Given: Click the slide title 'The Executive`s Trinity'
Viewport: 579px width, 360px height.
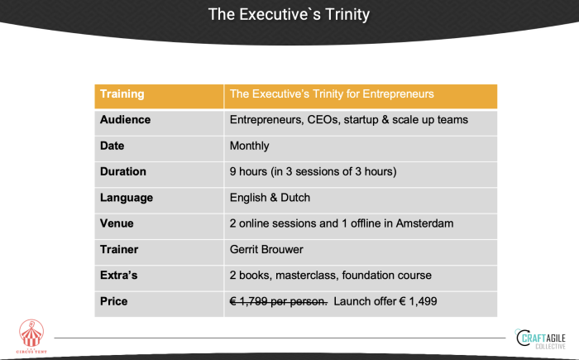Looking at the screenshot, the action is pos(289,14).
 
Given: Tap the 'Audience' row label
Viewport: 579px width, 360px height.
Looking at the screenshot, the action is pos(125,120).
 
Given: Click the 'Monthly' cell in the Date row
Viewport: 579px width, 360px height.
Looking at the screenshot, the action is pos(249,146).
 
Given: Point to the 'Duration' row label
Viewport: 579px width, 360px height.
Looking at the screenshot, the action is pos(123,171).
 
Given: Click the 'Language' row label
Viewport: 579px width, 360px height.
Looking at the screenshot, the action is pos(127,198).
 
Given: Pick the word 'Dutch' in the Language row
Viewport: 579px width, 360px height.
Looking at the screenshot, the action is pos(295,197).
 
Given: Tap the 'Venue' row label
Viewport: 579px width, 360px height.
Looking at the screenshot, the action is pos(117,223).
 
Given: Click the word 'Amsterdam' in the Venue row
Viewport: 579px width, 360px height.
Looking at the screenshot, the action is pos(424,223).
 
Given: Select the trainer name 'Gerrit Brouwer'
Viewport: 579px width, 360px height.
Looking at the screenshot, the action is pos(266,249).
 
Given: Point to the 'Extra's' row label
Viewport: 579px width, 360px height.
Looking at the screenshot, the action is pos(118,276).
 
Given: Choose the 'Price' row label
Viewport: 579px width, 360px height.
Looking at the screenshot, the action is pos(114,301).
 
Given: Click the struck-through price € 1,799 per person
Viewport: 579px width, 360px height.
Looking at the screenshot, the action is pos(279,301).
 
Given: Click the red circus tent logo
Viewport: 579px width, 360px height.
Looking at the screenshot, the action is pos(31,336).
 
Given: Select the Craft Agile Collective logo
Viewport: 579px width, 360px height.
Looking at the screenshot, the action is pos(541,338).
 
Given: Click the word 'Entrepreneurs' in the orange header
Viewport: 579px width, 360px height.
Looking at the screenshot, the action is pos(398,94).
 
